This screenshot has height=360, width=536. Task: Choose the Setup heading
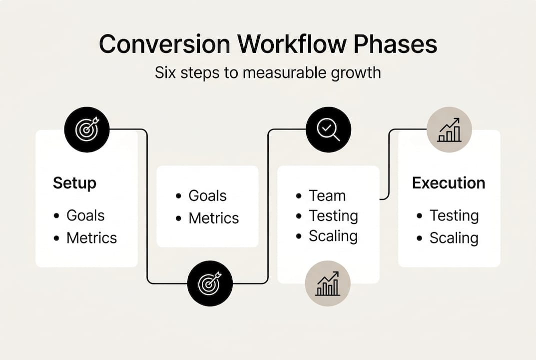(74, 183)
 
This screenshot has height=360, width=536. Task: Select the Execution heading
(448, 183)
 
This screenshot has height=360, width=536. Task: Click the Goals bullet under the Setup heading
(85, 215)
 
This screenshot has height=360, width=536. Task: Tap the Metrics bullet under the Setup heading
(91, 237)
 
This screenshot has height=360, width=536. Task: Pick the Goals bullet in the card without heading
(207, 195)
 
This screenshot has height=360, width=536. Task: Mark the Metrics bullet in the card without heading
(213, 218)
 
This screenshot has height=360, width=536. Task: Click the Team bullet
(327, 195)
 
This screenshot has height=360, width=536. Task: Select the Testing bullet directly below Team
(333, 216)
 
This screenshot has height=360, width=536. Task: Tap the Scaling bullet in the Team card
(333, 236)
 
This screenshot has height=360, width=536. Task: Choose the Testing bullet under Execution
(454, 215)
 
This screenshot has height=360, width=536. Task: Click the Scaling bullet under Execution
(454, 238)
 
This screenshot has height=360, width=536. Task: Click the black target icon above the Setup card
(87, 129)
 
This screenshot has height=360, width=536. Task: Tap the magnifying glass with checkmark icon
(328, 129)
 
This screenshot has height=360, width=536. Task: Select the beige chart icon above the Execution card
(449, 129)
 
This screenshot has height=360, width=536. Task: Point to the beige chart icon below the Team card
(328, 283)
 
